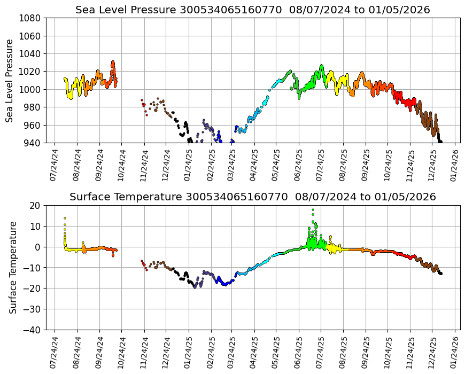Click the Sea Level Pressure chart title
(x=253, y=10)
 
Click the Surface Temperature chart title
(x=253, y=197)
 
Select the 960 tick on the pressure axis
(x=32, y=125)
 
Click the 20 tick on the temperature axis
(x=36, y=206)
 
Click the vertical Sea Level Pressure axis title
(x=10, y=80)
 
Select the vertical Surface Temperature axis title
(x=13, y=267)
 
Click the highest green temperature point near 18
(x=313, y=210)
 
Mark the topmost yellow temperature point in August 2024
(x=65, y=218)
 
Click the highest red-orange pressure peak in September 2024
(x=113, y=63)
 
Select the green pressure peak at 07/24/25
(x=321, y=66)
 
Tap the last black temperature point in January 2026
(x=441, y=274)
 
